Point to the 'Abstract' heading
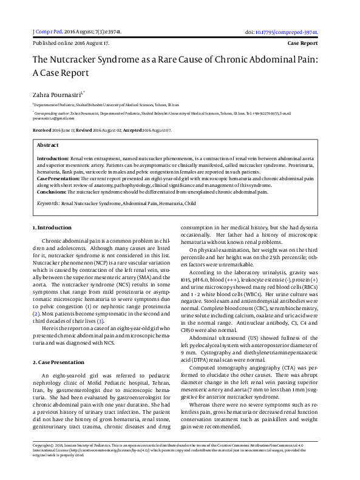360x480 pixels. pos(48,146)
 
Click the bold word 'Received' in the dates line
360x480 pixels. pos(42,130)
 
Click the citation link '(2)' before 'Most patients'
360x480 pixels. pos(36,313)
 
